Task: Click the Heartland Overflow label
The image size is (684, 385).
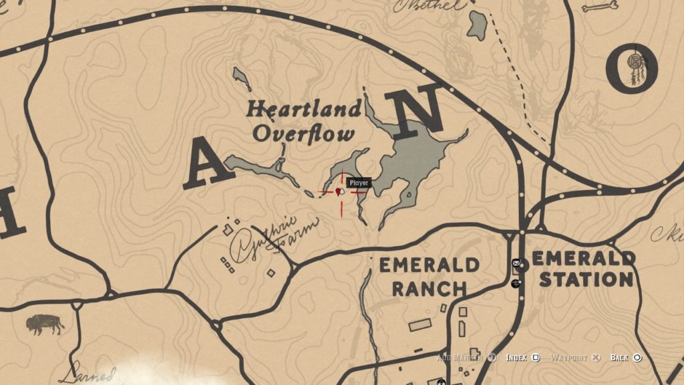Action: coord(304,121)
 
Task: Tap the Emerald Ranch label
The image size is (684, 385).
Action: coord(429,277)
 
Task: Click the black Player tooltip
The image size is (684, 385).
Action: coord(359,182)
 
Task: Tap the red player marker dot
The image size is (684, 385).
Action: coord(340,192)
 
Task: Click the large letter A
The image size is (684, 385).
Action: coord(208,164)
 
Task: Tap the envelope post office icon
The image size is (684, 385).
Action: coord(516,263)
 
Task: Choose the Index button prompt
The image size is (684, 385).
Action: coord(522,358)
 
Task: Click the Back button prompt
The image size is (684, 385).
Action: coord(626,358)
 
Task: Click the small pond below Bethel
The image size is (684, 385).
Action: coord(477,25)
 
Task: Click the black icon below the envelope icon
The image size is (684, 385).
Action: coord(516,283)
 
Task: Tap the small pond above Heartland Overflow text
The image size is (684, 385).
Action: coord(242,78)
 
